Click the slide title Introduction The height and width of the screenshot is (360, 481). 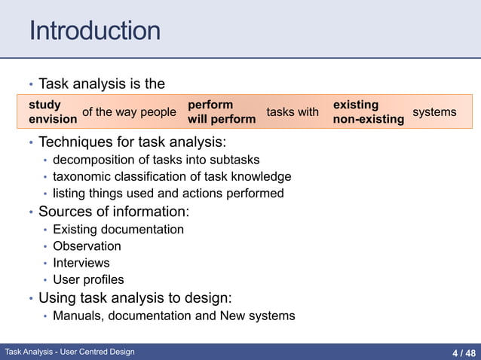point(94,31)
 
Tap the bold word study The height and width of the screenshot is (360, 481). point(44,105)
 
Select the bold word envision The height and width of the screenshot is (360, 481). point(53,119)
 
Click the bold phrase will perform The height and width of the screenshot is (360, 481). point(222,119)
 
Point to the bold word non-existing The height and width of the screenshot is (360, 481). point(369,119)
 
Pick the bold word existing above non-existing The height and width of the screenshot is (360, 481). point(356,105)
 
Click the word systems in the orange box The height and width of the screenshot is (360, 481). point(434,112)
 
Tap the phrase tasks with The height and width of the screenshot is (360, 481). point(293,112)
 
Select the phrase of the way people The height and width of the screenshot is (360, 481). point(129,112)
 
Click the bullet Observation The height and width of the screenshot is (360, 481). point(87,246)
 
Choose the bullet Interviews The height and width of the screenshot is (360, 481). point(81,263)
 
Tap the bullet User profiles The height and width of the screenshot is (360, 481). point(88,280)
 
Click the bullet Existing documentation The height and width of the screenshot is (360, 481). point(118,229)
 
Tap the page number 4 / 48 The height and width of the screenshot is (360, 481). point(464,352)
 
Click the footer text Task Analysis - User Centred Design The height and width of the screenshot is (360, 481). point(69,352)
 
